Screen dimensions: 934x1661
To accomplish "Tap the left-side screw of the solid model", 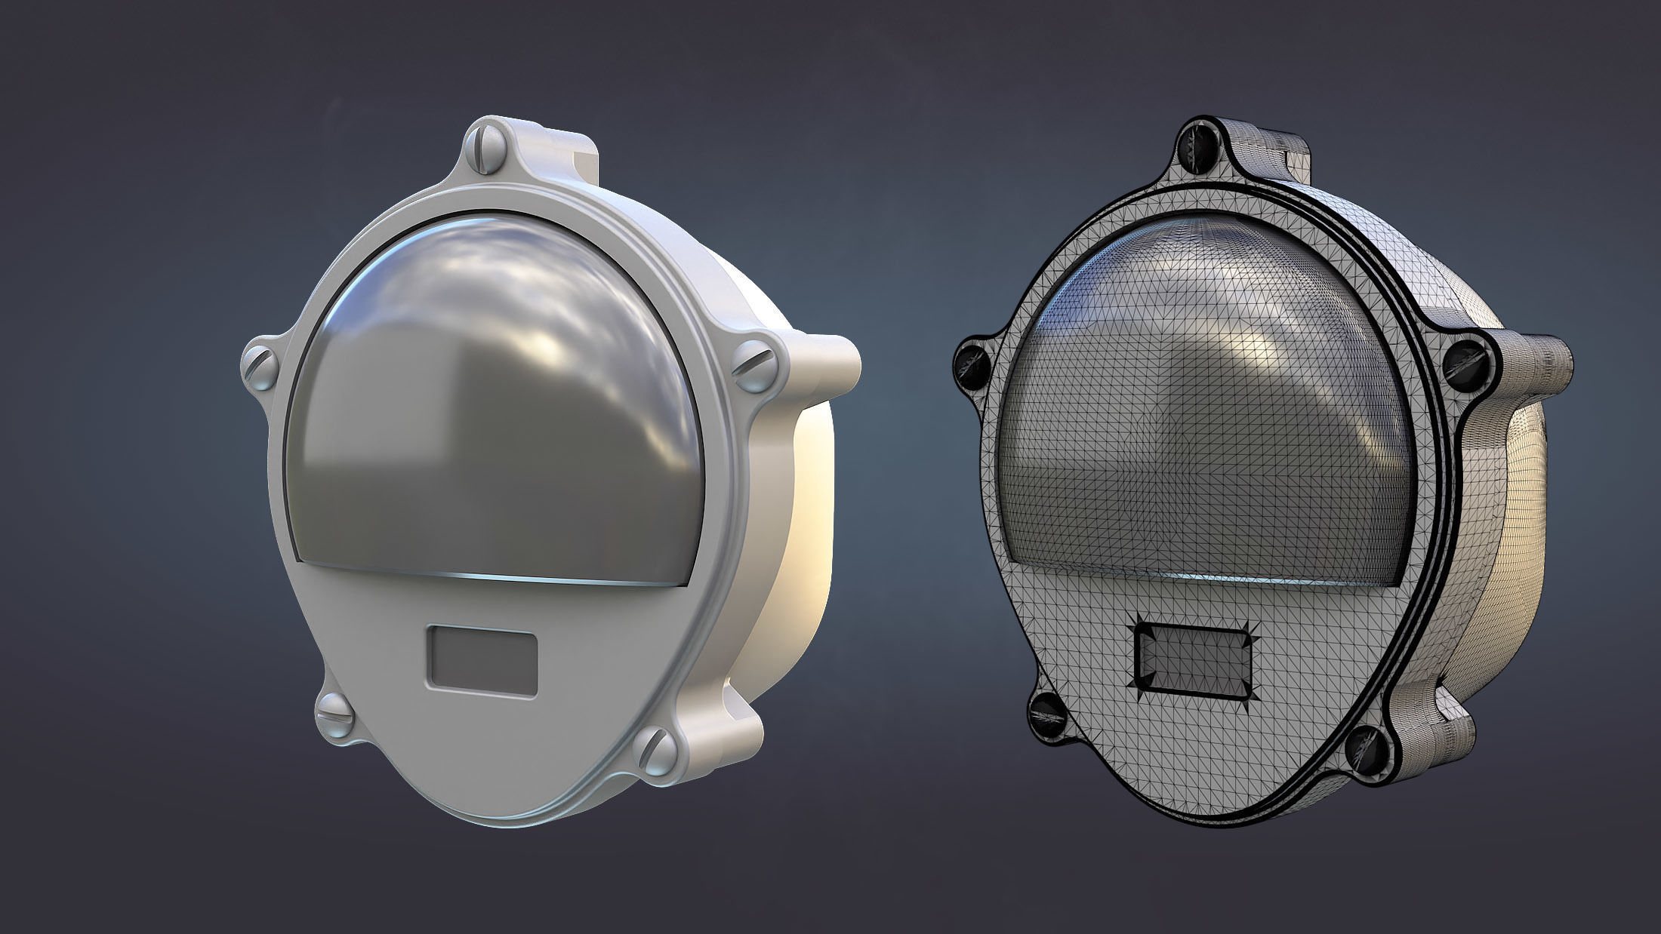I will [261, 367].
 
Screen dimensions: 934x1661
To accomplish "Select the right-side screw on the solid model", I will [756, 366].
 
